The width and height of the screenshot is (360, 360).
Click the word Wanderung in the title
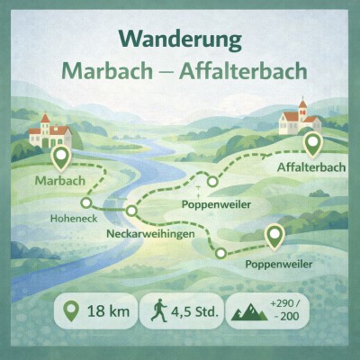(179, 40)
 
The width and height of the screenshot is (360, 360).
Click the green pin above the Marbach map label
(61, 158)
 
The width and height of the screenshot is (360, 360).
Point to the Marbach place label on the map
(59, 182)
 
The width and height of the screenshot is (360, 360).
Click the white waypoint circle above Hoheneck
(86, 202)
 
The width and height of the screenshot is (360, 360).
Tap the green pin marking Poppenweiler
(274, 236)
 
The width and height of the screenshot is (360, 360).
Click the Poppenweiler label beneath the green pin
(279, 264)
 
